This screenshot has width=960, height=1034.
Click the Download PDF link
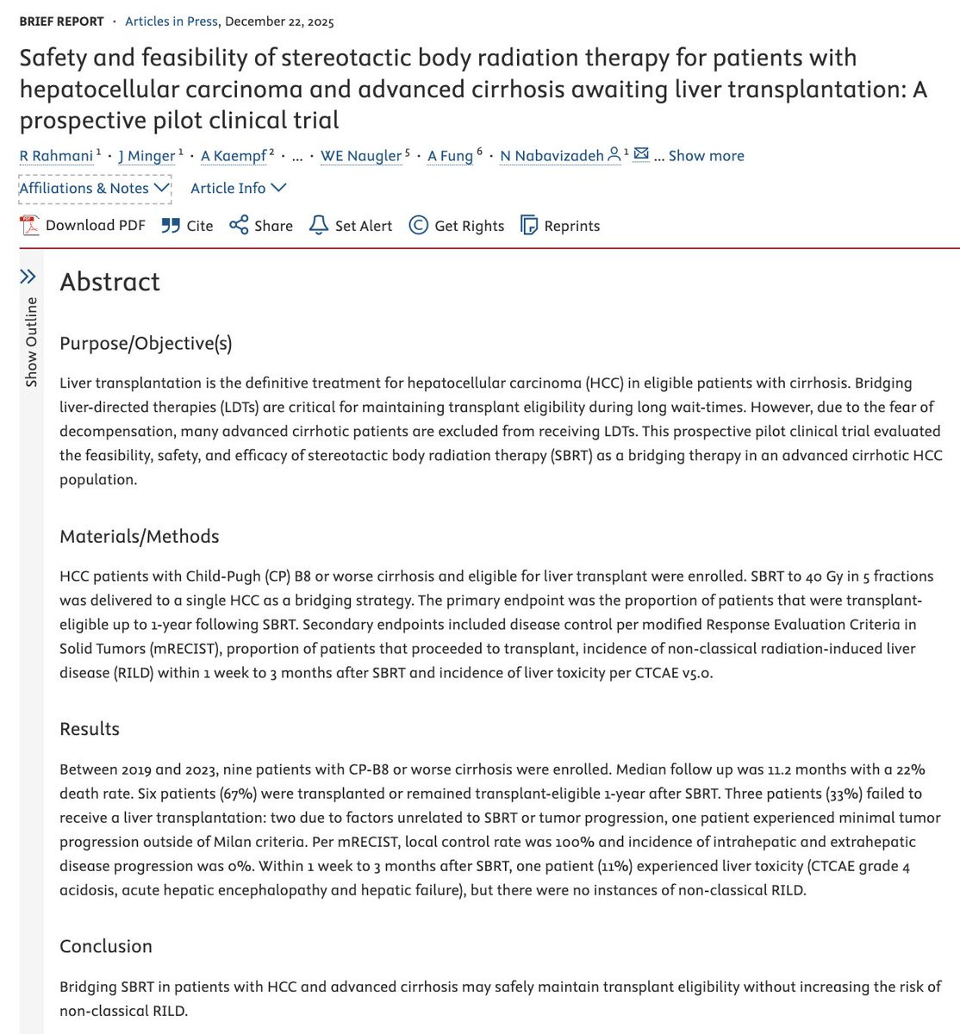[x=84, y=226]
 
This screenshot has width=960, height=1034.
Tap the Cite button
[x=188, y=226]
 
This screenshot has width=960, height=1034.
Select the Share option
[x=262, y=226]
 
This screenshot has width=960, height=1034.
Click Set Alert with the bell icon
[x=351, y=226]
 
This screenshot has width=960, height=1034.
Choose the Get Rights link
[x=457, y=226]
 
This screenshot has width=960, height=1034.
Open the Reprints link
[x=561, y=226]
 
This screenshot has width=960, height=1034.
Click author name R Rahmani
[x=56, y=156]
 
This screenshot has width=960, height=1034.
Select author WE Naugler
[x=360, y=156]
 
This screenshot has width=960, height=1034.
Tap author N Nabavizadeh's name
[x=552, y=156]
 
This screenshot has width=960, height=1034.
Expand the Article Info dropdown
[x=238, y=188]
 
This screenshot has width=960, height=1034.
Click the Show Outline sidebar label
[x=31, y=342]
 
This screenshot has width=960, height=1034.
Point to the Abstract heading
[x=109, y=282]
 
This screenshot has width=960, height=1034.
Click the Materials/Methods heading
[x=139, y=537]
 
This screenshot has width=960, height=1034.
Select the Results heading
[x=90, y=729]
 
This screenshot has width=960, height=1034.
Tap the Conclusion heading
[x=106, y=946]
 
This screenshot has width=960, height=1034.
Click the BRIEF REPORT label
[x=61, y=22]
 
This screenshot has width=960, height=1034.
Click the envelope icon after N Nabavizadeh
[x=640, y=154]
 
